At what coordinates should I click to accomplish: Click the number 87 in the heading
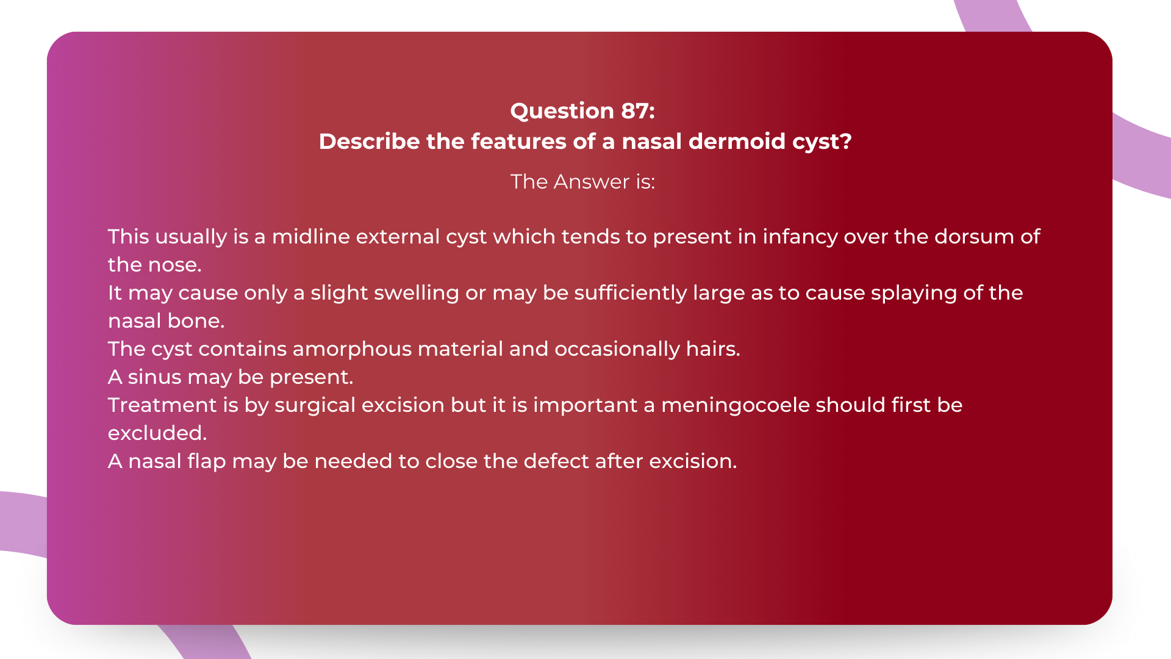click(637, 111)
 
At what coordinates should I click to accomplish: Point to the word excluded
click(157, 433)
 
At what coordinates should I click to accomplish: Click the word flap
click(207, 461)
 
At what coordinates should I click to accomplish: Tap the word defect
click(556, 461)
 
